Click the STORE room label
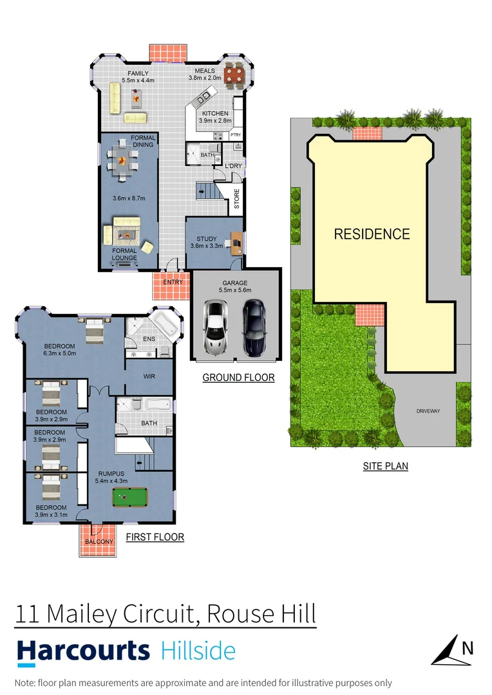[x=236, y=199]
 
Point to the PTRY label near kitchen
[x=236, y=135]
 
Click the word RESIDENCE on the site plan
[x=372, y=234]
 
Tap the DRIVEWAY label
[x=428, y=411]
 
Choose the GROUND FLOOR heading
[x=238, y=378]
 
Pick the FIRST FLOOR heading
[x=155, y=537]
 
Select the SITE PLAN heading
[x=385, y=466]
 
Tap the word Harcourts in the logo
[x=82, y=651]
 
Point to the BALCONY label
[x=98, y=542]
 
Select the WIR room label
[x=149, y=375]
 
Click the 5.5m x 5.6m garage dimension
[x=234, y=291]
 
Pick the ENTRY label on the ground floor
[x=173, y=282]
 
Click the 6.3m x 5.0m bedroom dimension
[x=59, y=353]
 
